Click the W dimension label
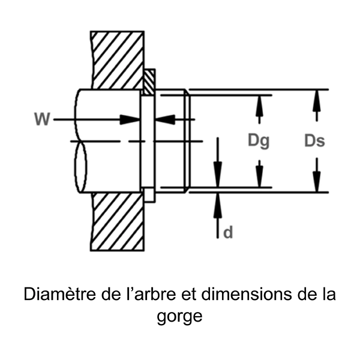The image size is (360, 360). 42,119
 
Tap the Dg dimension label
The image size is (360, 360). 259,142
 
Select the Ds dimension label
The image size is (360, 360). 314,142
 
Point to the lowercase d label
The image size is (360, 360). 228,232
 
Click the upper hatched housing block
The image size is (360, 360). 117,60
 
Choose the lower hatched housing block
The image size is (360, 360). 117,222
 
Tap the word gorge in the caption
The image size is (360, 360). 179,316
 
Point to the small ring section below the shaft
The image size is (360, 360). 148,195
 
